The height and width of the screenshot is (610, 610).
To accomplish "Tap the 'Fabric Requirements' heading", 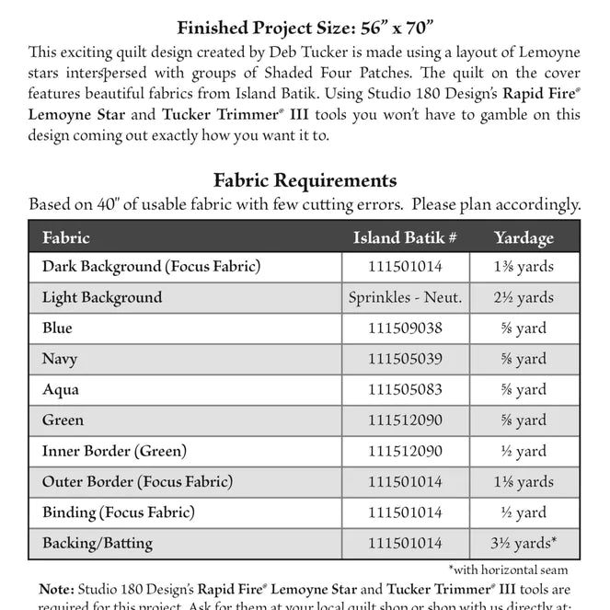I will tap(305, 180).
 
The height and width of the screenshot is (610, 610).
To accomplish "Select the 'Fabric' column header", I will tap(66, 237).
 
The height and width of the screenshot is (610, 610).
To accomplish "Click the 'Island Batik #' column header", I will tap(405, 237).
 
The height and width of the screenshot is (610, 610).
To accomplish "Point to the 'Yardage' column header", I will tap(524, 237).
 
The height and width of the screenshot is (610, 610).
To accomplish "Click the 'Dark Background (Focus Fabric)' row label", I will tap(151, 267).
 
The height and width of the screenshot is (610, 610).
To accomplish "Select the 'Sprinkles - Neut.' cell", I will tap(405, 297).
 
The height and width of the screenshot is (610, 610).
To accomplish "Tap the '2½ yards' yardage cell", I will tap(524, 297).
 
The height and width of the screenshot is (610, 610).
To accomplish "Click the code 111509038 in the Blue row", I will tap(405, 328).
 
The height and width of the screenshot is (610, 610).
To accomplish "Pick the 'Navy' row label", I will tap(60, 359).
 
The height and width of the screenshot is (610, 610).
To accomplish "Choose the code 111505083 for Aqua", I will tap(405, 389).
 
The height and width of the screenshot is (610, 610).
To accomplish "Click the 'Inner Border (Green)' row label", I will tap(114, 451).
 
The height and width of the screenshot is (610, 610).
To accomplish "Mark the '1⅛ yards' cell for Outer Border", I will tap(524, 481).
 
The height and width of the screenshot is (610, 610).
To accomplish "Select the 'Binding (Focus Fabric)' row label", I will tap(118, 512).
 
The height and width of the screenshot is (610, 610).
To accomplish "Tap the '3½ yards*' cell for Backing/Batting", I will tap(524, 544).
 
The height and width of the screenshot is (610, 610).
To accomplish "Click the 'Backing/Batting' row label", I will tap(98, 544).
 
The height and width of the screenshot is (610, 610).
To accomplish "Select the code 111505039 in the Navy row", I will tap(405, 359).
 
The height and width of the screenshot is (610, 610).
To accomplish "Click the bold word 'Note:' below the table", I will tap(57, 589).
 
